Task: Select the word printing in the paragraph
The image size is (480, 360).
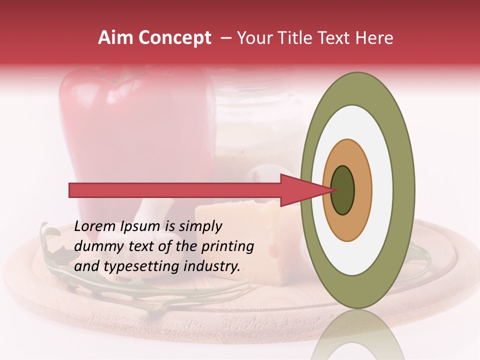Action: pyautogui.click(x=227, y=247)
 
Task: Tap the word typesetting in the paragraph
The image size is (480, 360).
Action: pyautogui.click(x=133, y=267)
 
